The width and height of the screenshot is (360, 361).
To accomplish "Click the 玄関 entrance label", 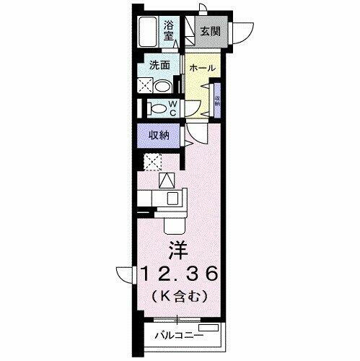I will click(209, 31).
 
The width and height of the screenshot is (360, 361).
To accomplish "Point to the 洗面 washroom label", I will click(159, 64).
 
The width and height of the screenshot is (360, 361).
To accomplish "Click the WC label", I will click(173, 108).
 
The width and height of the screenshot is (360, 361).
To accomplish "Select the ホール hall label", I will click(201, 67).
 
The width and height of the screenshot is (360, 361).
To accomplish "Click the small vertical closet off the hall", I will click(216, 100).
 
